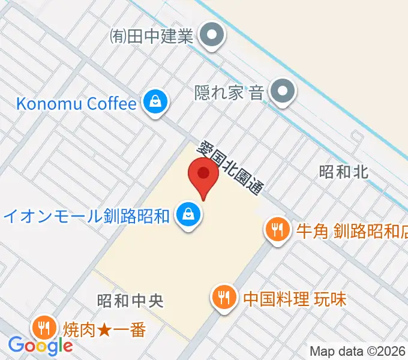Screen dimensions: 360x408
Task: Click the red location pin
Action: point(203,175)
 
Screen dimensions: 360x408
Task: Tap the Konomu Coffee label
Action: point(76,103)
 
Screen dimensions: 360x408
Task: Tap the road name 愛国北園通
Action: point(232,167)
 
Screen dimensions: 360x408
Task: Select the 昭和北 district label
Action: point(344,172)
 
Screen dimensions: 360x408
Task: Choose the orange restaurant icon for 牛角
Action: point(277,230)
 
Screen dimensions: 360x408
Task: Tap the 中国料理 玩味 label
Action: point(295,298)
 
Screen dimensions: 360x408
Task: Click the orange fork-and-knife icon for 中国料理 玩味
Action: point(224,298)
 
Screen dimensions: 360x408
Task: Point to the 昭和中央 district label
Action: point(130,300)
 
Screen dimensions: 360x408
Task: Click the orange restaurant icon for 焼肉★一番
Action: point(43,329)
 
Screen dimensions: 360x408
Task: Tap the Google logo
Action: point(40,346)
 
